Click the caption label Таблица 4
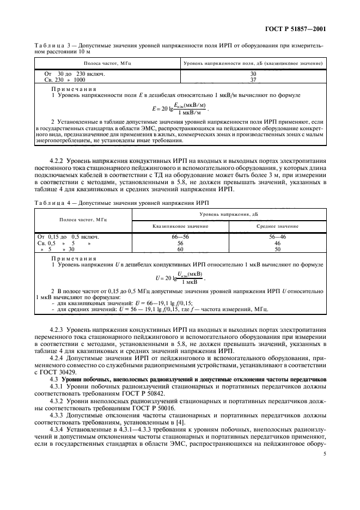click(51, 202)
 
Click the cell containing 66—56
click(181, 237)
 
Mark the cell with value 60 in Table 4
click(181, 248)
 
